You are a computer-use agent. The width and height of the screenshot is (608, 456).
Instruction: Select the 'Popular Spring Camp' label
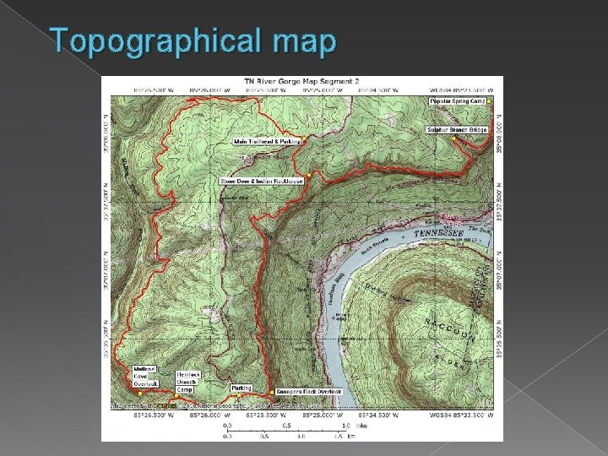[459, 101]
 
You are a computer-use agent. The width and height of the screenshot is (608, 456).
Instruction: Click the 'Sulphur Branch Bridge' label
[457, 130]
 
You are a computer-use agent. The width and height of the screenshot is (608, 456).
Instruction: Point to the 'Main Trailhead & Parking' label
[266, 141]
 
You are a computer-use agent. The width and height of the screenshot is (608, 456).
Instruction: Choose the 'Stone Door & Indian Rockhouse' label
[261, 181]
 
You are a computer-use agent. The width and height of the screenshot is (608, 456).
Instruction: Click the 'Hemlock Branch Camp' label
[187, 381]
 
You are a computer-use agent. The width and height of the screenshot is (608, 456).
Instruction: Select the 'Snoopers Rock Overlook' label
[309, 392]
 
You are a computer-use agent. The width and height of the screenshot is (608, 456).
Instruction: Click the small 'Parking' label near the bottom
[242, 388]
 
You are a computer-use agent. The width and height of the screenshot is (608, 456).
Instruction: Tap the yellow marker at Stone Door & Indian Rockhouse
[310, 175]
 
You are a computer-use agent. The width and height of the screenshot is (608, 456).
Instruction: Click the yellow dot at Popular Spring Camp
[490, 102]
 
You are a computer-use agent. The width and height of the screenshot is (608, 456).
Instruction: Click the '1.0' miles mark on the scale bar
[346, 426]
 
